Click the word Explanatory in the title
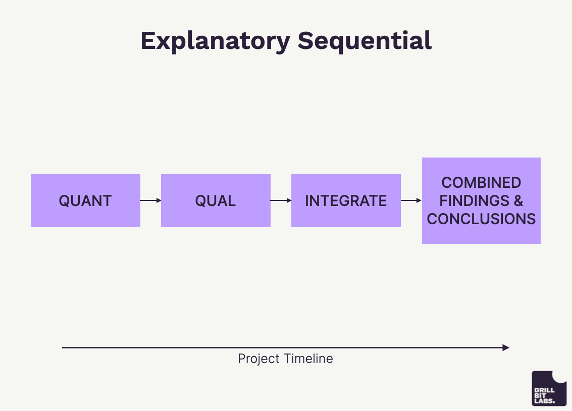point(215,41)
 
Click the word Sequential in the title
point(365,41)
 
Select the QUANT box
point(85,200)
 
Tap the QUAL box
point(216,200)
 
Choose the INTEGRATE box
point(346,200)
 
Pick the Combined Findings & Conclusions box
point(481,200)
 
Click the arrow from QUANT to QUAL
point(150,200)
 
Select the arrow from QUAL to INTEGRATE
point(281,200)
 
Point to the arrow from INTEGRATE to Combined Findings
point(411,200)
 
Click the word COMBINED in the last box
point(481,182)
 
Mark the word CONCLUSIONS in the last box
point(481,219)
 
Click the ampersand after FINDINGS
point(518,200)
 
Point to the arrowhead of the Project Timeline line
point(506,347)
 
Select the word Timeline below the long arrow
point(308,359)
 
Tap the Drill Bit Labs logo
point(549,388)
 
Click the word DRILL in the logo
point(544,390)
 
